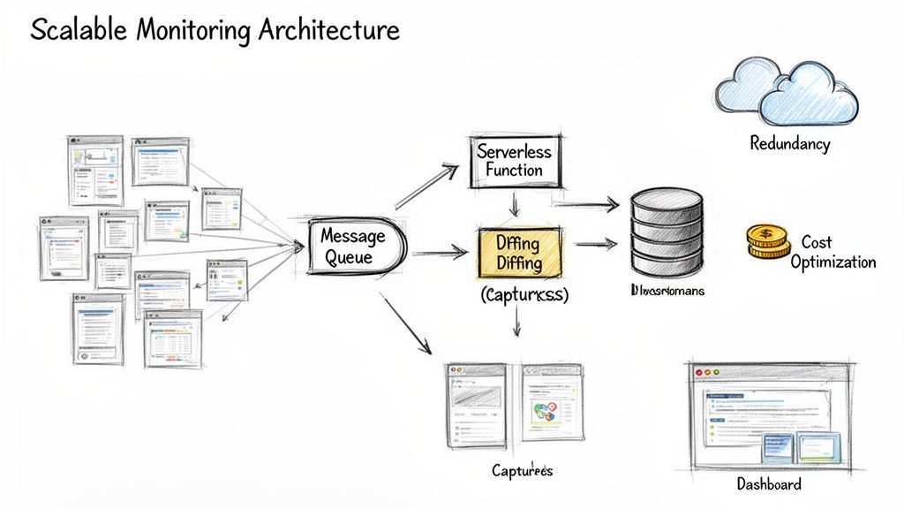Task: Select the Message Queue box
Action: click(353, 247)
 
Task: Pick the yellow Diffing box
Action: click(519, 251)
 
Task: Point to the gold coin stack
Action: click(767, 240)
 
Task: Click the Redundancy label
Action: click(789, 142)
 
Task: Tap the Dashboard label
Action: click(769, 483)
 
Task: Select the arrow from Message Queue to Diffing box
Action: click(439, 254)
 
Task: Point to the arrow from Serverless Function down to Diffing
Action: click(515, 205)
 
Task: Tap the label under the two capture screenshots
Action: click(522, 470)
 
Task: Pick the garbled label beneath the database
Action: click(667, 291)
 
